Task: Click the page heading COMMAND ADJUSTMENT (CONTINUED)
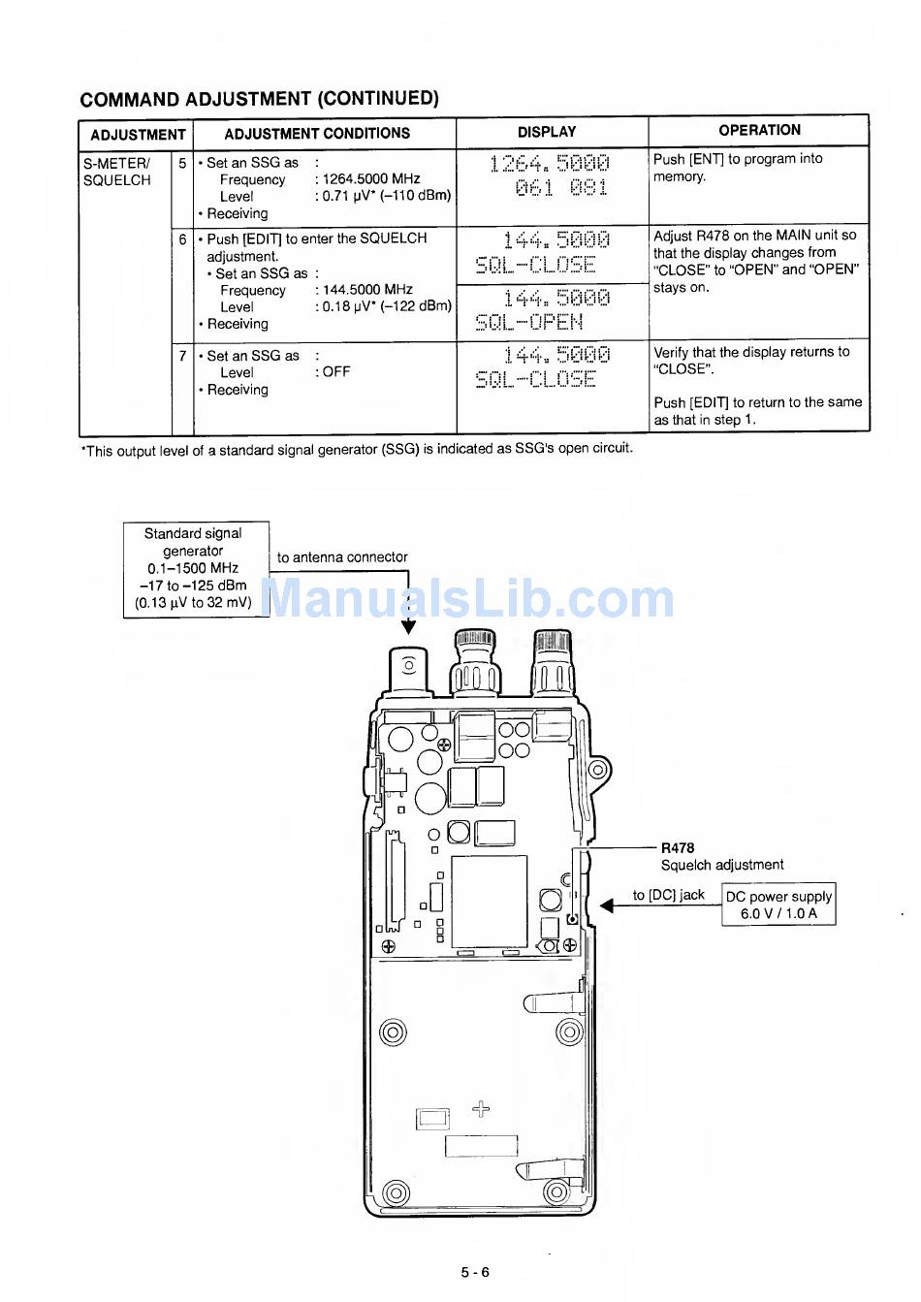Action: click(259, 99)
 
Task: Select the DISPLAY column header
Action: click(547, 132)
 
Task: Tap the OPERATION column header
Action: click(759, 130)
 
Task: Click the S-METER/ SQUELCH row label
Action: click(117, 172)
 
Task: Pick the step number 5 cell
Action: click(182, 163)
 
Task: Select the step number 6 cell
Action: click(182, 238)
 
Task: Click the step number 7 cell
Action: click(182, 356)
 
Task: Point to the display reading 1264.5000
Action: click(550, 163)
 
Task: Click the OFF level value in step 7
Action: click(336, 372)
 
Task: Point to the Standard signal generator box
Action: click(195, 568)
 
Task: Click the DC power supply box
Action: click(778, 905)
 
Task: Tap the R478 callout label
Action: click(678, 847)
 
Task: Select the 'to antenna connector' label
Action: click(342, 557)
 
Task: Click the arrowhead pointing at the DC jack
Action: click(607, 905)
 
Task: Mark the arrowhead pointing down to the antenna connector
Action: click(409, 626)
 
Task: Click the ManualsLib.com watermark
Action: click(470, 600)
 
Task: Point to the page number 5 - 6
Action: click(474, 1272)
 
